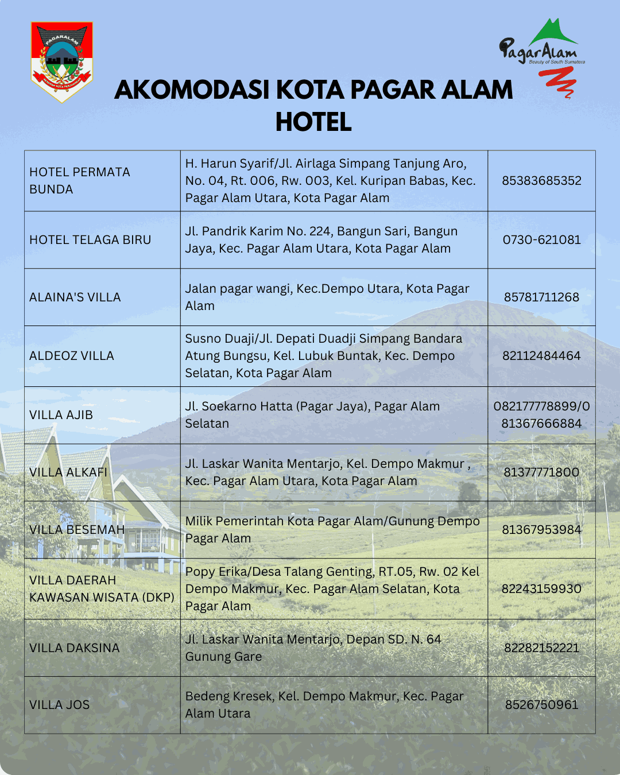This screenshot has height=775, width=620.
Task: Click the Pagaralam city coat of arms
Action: pos(61,61)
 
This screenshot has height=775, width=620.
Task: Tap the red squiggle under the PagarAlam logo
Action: pos(557,82)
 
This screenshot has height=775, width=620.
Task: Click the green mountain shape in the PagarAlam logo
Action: pos(552,33)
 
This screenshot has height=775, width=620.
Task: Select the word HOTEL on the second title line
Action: pos(313,122)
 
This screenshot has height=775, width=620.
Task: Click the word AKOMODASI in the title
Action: pos(192,90)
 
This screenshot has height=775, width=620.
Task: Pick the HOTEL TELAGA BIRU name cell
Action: pos(90,240)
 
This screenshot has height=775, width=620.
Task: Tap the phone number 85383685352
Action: pos(541,181)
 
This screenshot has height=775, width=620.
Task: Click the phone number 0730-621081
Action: pos(541,240)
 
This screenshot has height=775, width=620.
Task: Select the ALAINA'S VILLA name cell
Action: pos(75,297)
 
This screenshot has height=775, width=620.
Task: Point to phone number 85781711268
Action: pos(541,297)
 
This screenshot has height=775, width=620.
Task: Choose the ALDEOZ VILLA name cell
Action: pos(72,356)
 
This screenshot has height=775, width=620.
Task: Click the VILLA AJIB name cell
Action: pos(61,415)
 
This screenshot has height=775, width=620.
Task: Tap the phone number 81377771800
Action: pos(541,472)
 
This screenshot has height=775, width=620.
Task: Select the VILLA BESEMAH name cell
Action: pos(77,530)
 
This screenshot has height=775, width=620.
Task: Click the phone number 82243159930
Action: pos(541,589)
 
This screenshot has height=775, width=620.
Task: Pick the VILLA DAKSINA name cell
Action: pos(75,648)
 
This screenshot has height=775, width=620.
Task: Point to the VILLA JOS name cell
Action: pos(60,705)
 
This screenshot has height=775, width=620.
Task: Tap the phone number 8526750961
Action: pos(541,705)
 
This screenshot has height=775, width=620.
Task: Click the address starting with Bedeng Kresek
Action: pos(324,705)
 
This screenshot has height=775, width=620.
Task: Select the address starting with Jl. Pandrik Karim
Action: pos(321,240)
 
